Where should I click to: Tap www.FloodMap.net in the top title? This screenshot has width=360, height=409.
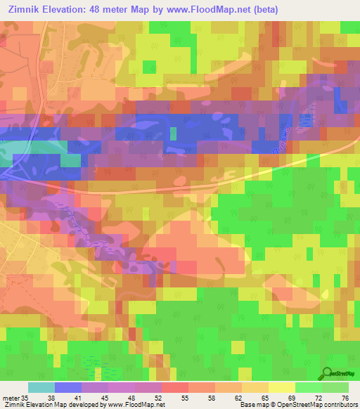click(x=207, y=10)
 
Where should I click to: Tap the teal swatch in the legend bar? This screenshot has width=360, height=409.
click(x=41, y=387)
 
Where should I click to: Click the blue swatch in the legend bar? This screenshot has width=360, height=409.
click(x=68, y=387)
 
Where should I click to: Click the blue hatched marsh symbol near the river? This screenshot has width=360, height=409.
click(x=306, y=121)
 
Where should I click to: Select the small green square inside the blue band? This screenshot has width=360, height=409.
click(x=173, y=133)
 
